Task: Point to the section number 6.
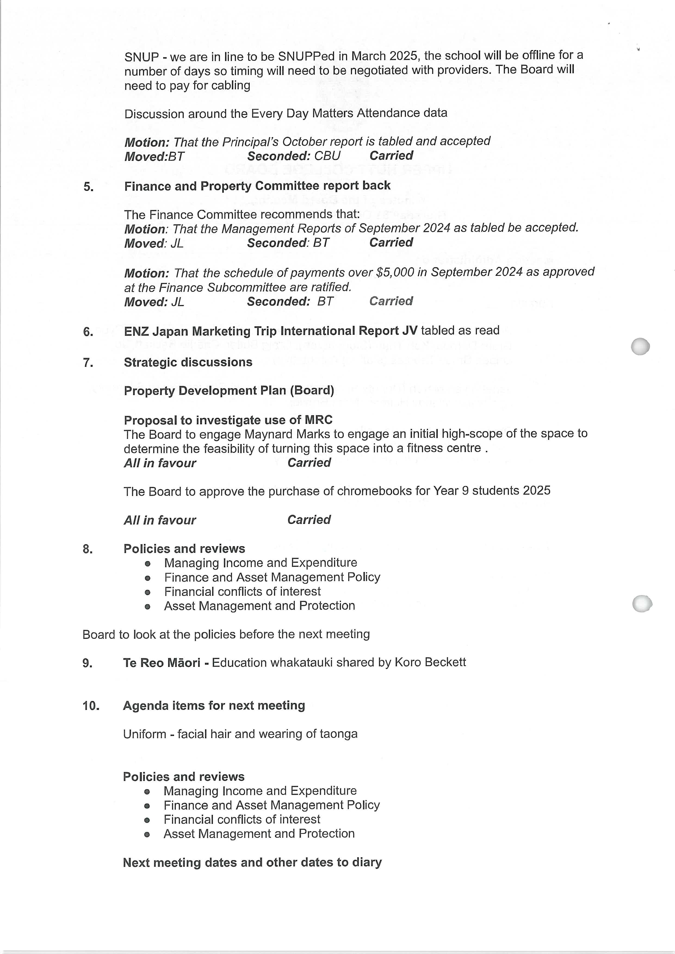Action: (x=88, y=332)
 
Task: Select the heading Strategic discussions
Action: (x=188, y=362)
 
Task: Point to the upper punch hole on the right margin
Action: (x=640, y=346)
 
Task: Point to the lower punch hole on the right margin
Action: (x=642, y=603)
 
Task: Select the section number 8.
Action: (x=88, y=549)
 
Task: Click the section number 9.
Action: (x=88, y=663)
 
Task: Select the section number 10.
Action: (x=91, y=706)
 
